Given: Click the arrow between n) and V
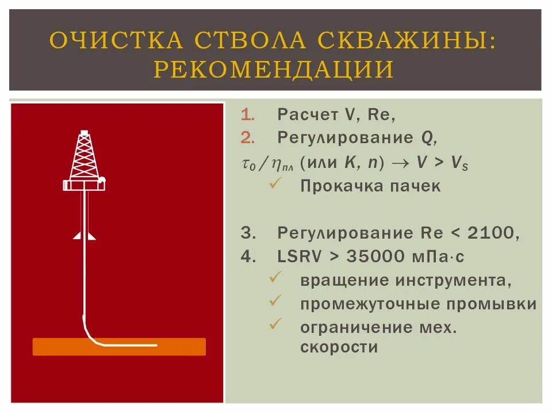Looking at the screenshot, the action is tap(400, 163).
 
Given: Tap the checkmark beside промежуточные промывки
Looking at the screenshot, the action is tap(275, 301).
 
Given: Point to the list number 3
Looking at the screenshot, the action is tap(247, 233).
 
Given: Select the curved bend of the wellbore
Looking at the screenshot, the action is tap(91, 335).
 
